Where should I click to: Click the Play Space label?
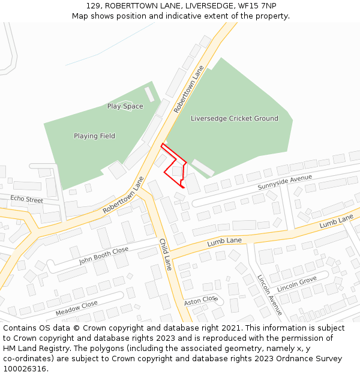(125, 106)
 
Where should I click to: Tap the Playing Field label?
(94, 136)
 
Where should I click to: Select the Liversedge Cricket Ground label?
(234, 119)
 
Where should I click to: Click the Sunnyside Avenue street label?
(285, 182)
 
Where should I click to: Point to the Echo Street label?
(26, 199)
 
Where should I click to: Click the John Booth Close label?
(104, 256)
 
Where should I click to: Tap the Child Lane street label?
(166, 254)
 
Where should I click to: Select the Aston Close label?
(201, 300)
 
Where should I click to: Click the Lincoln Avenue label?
(269, 295)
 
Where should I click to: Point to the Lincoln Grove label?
(297, 284)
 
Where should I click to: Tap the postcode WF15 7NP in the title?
(259, 5)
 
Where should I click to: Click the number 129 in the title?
(92, 5)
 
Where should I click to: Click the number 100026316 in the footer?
(24, 369)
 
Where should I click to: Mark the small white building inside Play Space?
(149, 94)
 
